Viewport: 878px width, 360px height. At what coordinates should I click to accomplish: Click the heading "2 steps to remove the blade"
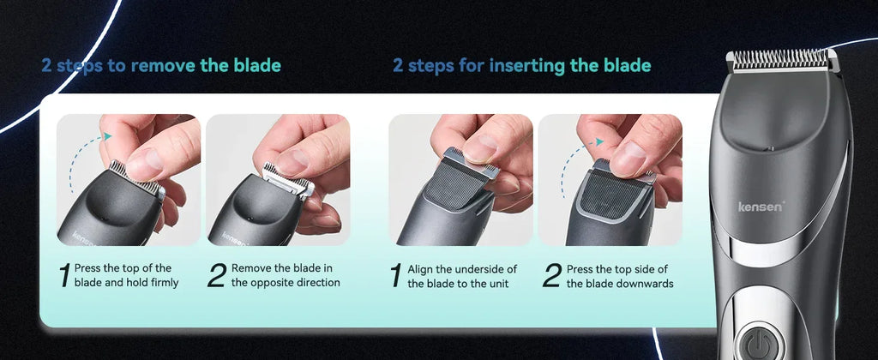[161, 66]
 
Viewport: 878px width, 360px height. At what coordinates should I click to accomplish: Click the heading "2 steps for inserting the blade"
[521, 66]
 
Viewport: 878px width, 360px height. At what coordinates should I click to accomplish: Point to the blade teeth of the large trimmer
[781, 58]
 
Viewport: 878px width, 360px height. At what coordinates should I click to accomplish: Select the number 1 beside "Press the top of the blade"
[63, 275]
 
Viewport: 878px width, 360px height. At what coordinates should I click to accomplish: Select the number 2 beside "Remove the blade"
[217, 275]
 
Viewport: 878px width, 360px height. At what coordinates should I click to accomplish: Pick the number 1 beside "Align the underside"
[396, 275]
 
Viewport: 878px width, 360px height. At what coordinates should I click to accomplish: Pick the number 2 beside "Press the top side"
[552, 275]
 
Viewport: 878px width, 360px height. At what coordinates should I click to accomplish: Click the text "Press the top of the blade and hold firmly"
[126, 275]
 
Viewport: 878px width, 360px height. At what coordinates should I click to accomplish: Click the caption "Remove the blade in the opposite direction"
[286, 275]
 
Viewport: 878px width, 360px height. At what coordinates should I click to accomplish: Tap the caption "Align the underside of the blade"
[462, 275]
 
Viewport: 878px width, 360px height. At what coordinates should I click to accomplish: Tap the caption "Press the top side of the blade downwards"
[619, 275]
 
